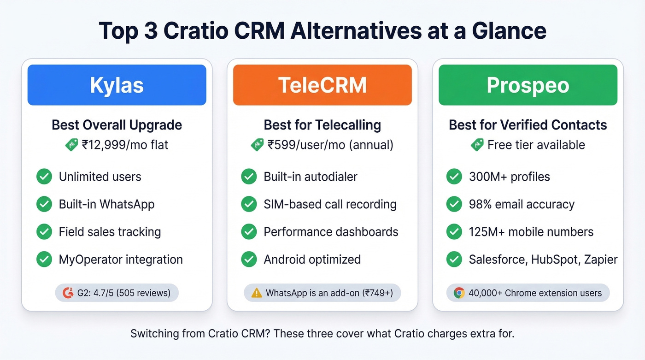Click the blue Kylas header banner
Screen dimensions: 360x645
117,85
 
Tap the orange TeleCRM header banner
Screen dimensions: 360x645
322,85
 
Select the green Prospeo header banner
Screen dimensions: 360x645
528,85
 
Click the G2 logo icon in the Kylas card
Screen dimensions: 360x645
68,293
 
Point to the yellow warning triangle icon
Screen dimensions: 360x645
257,293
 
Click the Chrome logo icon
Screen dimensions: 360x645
459,293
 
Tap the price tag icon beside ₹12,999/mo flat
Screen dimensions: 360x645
72,145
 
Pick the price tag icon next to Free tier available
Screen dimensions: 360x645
477,145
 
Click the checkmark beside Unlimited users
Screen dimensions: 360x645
44,177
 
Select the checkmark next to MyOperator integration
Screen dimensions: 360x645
44,260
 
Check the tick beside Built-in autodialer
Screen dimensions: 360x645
249,177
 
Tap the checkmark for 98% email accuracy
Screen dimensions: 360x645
454,204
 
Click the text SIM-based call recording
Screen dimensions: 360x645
330,204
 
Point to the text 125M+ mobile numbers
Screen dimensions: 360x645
531,232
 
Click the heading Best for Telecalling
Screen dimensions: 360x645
322,125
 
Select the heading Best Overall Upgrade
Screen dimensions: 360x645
117,125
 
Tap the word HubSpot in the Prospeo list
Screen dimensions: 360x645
555,260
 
